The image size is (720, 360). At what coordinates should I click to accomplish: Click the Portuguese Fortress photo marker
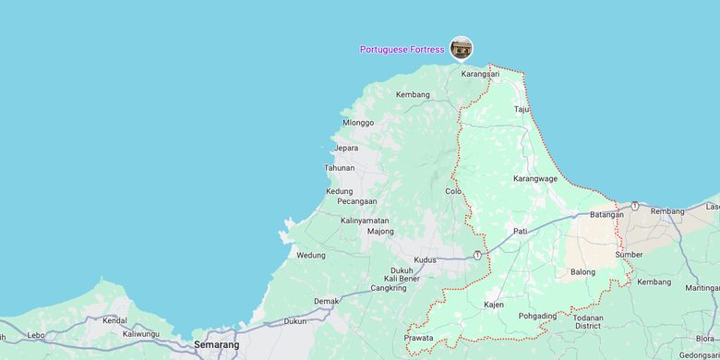tap(461, 48)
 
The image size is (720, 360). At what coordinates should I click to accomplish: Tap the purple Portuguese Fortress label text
tap(402, 49)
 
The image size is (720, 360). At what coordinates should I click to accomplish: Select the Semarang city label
tap(216, 344)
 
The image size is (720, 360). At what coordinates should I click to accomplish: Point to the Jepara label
tap(346, 148)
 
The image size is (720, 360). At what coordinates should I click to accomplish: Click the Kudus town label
tap(425, 260)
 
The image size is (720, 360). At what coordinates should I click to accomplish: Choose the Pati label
tap(521, 231)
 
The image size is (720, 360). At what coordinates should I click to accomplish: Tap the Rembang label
tap(667, 211)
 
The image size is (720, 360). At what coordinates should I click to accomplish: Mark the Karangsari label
tap(480, 74)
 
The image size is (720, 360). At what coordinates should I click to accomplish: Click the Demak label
tap(327, 301)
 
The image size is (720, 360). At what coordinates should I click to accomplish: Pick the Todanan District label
tap(588, 321)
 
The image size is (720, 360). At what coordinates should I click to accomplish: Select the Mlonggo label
tap(358, 122)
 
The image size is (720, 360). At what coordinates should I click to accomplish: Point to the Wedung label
tap(311, 255)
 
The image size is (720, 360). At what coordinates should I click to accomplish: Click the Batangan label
tap(606, 214)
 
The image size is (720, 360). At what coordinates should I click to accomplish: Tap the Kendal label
tap(115, 320)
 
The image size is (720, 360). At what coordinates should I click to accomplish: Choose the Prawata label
tap(418, 338)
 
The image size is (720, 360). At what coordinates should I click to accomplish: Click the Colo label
tap(453, 191)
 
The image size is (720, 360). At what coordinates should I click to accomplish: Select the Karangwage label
tap(535, 178)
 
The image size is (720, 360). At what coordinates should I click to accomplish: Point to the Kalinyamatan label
tap(365, 221)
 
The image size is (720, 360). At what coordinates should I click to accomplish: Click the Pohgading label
tap(537, 316)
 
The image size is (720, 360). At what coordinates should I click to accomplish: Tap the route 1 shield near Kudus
tap(477, 255)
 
